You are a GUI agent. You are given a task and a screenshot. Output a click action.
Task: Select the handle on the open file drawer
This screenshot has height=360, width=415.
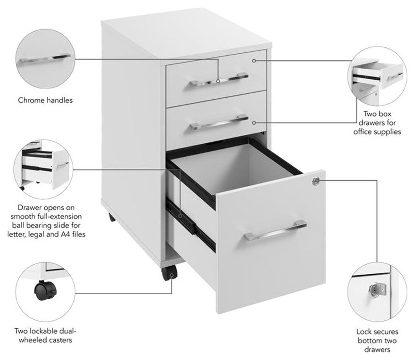click(274, 230)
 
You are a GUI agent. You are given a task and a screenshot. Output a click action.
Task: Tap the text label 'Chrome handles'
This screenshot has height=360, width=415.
click(45, 100)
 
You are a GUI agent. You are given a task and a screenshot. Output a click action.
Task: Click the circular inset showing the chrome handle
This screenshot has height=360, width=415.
click(45, 60)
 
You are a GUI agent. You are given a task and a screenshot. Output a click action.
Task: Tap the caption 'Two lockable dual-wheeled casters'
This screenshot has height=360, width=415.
click(45, 335)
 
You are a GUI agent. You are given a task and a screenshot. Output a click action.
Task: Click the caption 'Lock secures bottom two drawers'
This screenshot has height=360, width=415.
click(377, 340)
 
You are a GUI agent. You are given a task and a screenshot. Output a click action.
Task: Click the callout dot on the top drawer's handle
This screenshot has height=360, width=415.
click(218, 81)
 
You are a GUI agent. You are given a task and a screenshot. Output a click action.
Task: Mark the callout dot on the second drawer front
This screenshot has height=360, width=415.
click(254, 122)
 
